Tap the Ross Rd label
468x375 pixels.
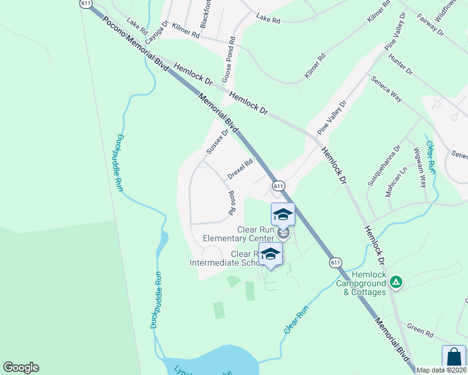pyautogui.click(x=231, y=203)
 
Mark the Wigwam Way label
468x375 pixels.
pyautogui.click(x=419, y=167)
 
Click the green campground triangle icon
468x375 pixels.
pyautogui.click(x=395, y=282)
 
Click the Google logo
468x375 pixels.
pyautogui.click(x=21, y=367)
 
